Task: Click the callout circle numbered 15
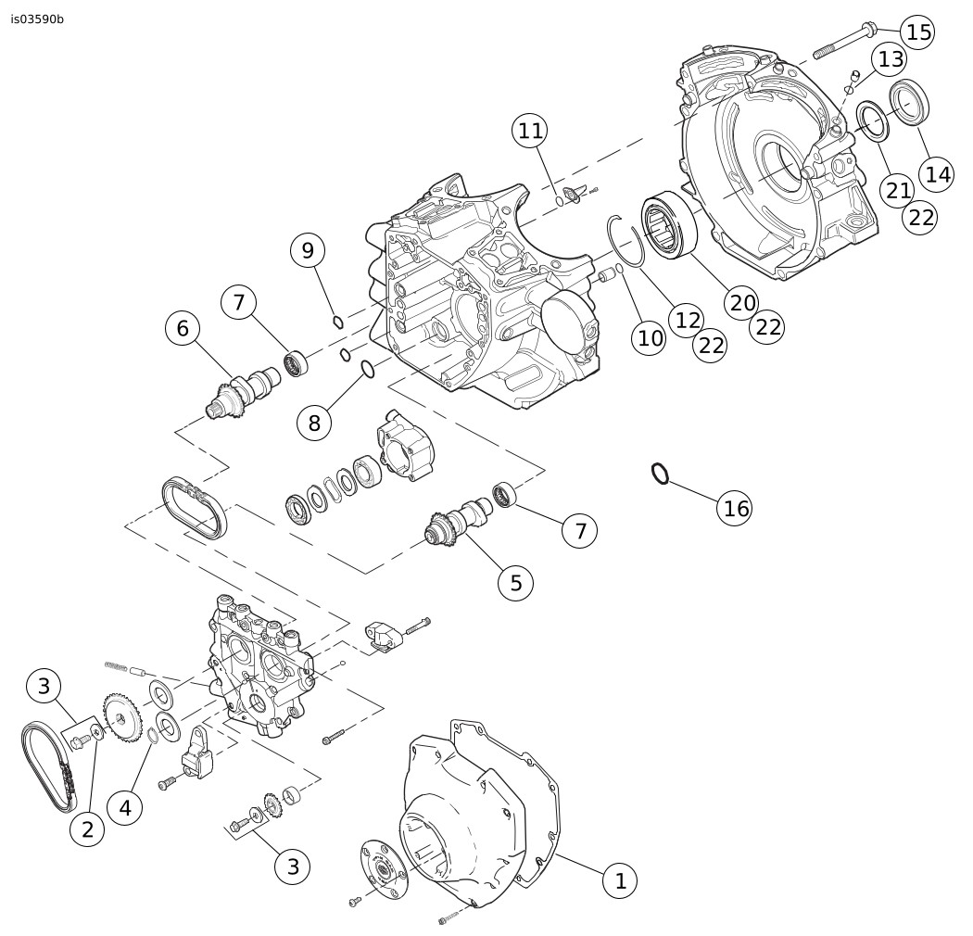[917, 32]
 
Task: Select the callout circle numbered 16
[736, 508]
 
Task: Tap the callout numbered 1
[620, 880]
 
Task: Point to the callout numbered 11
[530, 131]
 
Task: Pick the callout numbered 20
[742, 301]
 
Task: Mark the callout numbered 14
[938, 173]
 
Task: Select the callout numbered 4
[125, 807]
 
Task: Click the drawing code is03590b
[38, 19]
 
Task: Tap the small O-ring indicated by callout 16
[659, 474]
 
